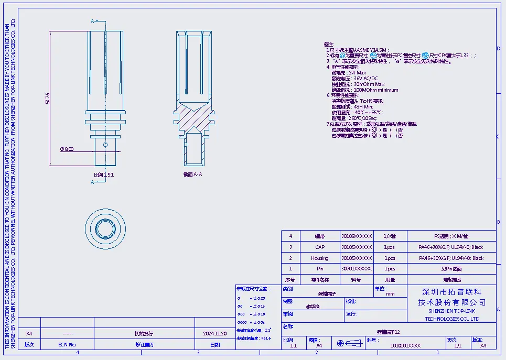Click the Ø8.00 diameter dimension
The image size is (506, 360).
point(67,149)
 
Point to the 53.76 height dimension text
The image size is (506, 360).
point(47,98)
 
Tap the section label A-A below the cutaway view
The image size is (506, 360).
point(192,174)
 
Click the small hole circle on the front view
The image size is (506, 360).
point(105,144)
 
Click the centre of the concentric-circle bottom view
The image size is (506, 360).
point(105,229)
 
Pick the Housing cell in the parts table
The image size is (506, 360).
point(319,258)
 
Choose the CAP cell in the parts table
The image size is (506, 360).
point(319,247)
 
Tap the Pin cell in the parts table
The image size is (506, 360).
point(319,269)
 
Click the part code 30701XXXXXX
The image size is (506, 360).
point(356,269)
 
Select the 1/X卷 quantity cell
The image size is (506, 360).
point(390,236)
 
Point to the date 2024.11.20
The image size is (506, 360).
point(215,333)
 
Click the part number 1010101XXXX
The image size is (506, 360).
point(405,346)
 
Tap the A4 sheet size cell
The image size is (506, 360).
point(319,346)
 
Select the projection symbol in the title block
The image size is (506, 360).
point(349,343)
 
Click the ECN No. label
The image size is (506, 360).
point(67,345)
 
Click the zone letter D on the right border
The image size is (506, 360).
point(498,48)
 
